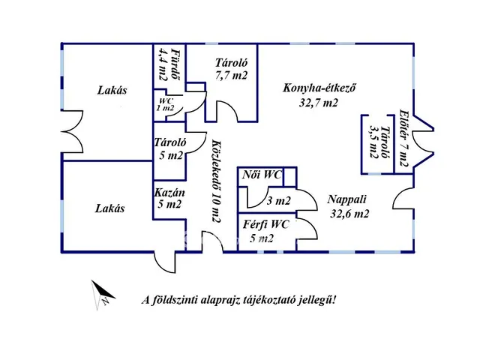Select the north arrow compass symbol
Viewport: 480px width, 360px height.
[x=101, y=294]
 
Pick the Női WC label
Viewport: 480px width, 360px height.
[x=262, y=175]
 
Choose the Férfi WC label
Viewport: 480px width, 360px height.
[x=265, y=223]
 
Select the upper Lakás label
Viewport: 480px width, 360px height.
[x=112, y=91]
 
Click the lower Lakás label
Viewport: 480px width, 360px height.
[x=109, y=208]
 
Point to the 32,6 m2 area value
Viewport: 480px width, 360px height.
[x=349, y=212]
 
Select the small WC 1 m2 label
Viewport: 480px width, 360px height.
[x=165, y=105]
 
